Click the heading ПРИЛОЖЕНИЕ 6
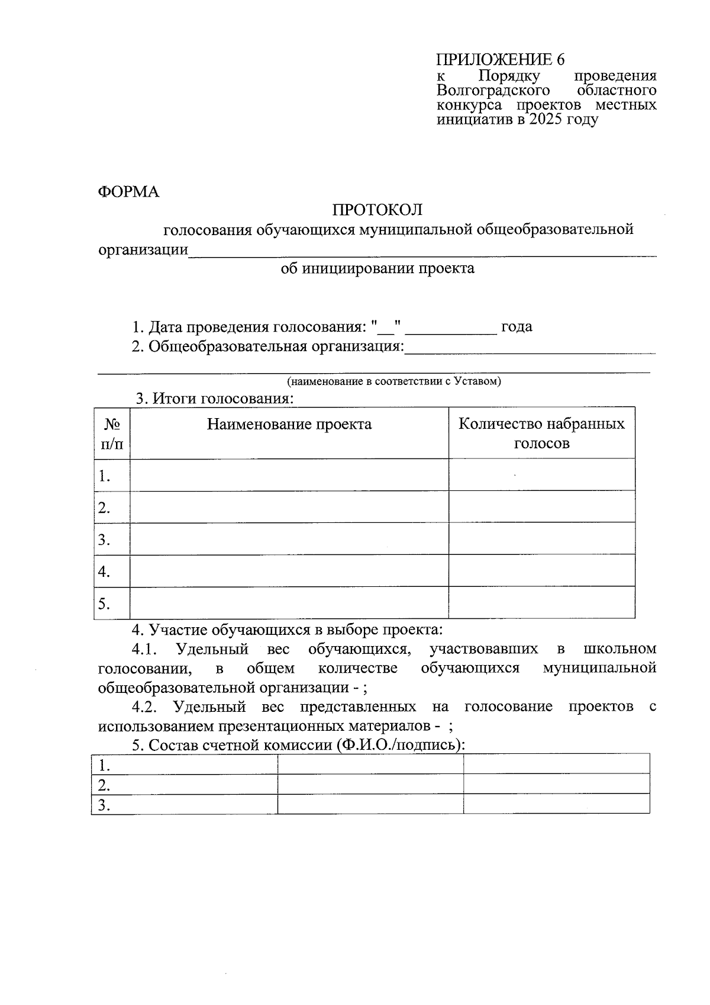pos(501,60)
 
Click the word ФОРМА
pos(128,192)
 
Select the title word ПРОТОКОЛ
pos(377,210)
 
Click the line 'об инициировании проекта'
pos(377,268)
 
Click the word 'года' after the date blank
pos(517,326)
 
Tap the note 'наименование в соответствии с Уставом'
pos(394,381)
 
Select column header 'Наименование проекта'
pos(289,424)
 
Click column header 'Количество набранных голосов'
pos(541,433)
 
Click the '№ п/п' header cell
pos(112,434)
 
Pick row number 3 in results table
pos(105,540)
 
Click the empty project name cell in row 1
pos(289,475)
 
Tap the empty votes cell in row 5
pos(541,603)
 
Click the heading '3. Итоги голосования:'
pos(215,398)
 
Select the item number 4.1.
pos(144,649)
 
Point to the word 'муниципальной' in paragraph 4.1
pos(599,668)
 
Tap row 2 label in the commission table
pos(105,785)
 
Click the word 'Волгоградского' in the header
pos(493,91)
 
